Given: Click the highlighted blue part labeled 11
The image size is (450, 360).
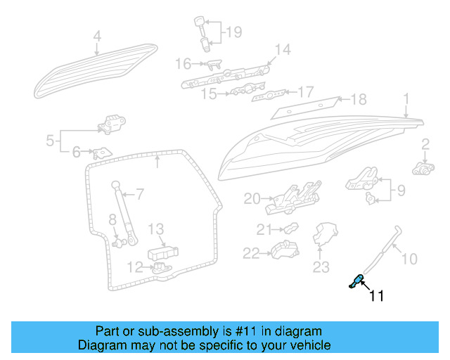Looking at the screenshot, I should pyautogui.click(x=357, y=281).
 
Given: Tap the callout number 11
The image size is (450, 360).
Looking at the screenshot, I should pyautogui.click(x=377, y=296).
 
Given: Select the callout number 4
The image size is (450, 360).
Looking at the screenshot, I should pyautogui.click(x=97, y=36).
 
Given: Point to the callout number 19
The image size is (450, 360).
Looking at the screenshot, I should pyautogui.click(x=233, y=32).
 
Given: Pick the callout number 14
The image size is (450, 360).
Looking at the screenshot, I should pyautogui.click(x=282, y=49).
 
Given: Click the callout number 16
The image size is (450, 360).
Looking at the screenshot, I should pyautogui.click(x=183, y=64).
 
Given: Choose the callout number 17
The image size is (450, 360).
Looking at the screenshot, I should pyautogui.click(x=305, y=91).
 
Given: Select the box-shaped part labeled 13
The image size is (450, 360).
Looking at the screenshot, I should pyautogui.click(x=162, y=252).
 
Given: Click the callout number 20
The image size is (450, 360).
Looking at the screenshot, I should pyautogui.click(x=252, y=199).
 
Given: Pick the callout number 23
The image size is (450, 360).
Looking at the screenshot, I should pyautogui.click(x=321, y=266).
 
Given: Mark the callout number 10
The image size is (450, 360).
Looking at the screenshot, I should pyautogui.click(x=409, y=258).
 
